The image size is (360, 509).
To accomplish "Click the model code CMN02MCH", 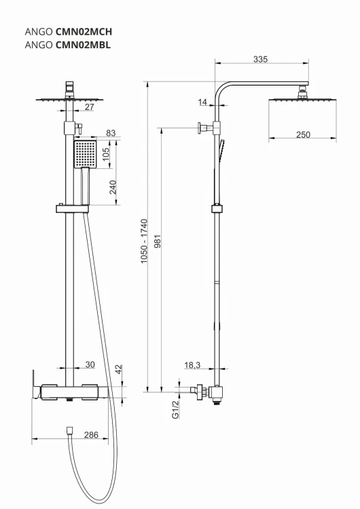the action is (84, 31).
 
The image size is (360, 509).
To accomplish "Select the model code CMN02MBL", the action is (83, 45).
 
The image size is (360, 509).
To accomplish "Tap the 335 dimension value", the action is (261, 60).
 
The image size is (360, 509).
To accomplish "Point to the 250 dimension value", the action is (303, 134).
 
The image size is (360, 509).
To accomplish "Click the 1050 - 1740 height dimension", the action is (144, 241).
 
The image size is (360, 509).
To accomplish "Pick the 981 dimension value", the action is (158, 241).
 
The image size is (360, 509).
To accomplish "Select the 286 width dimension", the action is (91, 434).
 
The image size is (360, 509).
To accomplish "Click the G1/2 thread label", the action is (175, 410).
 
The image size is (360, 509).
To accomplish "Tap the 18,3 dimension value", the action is (192, 365).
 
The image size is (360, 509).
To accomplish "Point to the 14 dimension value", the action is (202, 102).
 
